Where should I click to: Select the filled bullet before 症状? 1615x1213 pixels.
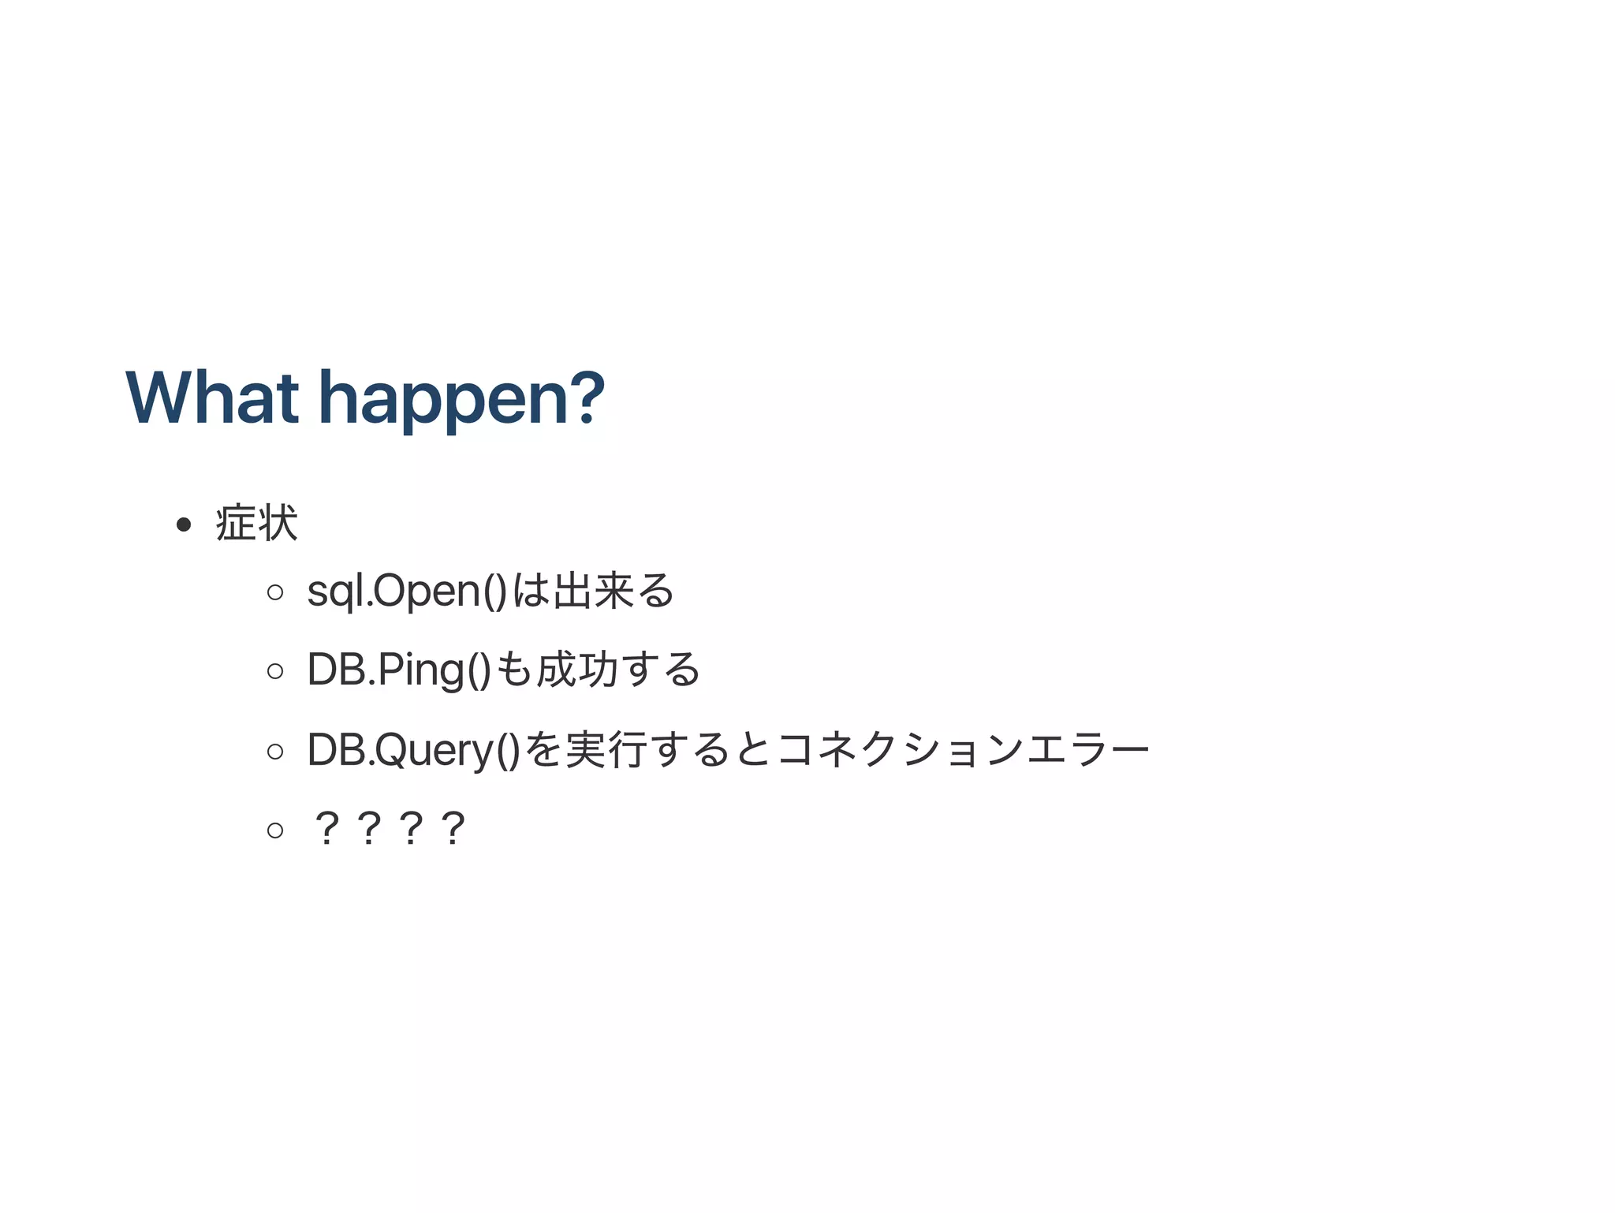pos(184,524)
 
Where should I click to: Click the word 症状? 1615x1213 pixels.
pos(256,523)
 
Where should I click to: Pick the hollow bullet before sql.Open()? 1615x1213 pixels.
pos(275,592)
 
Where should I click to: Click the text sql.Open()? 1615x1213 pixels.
pos(407,591)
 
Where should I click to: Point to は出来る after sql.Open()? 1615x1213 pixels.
pos(593,591)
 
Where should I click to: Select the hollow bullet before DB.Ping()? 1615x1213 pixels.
pos(275,670)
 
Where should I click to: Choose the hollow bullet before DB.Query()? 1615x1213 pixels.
pos(275,750)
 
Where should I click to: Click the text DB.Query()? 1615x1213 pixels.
pos(414,749)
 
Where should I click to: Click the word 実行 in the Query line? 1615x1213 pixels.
pos(606,749)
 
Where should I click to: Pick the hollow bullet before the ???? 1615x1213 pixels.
pos(275,829)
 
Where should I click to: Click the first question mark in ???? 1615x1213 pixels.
pos(326,828)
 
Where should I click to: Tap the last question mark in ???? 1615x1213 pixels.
pos(453,828)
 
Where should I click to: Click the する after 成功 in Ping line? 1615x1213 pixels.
pos(661,670)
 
